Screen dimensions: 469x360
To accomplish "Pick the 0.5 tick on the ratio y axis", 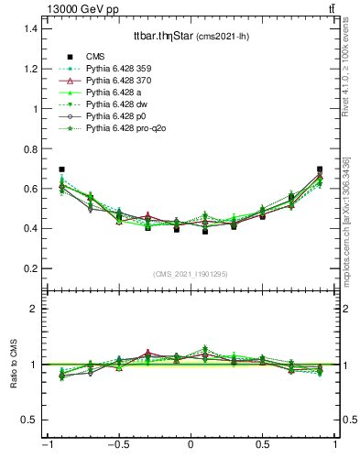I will coord(30,420).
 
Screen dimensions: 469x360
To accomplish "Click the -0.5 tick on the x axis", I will coord(116,445).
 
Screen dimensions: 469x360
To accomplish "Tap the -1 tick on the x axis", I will coord(46,445).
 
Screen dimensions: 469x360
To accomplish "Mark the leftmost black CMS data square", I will coord(61,169).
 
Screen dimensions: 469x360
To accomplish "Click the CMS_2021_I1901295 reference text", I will coord(190,274).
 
